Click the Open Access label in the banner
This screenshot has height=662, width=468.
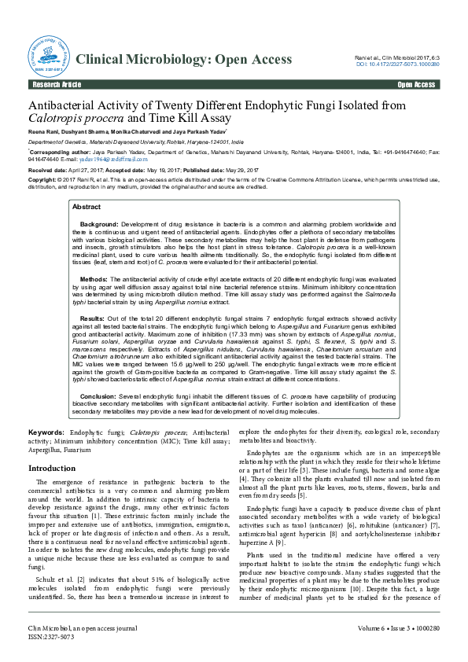(x=416, y=84)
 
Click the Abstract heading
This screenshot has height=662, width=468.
(x=86, y=207)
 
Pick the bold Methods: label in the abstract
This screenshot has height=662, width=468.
(x=94, y=279)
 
